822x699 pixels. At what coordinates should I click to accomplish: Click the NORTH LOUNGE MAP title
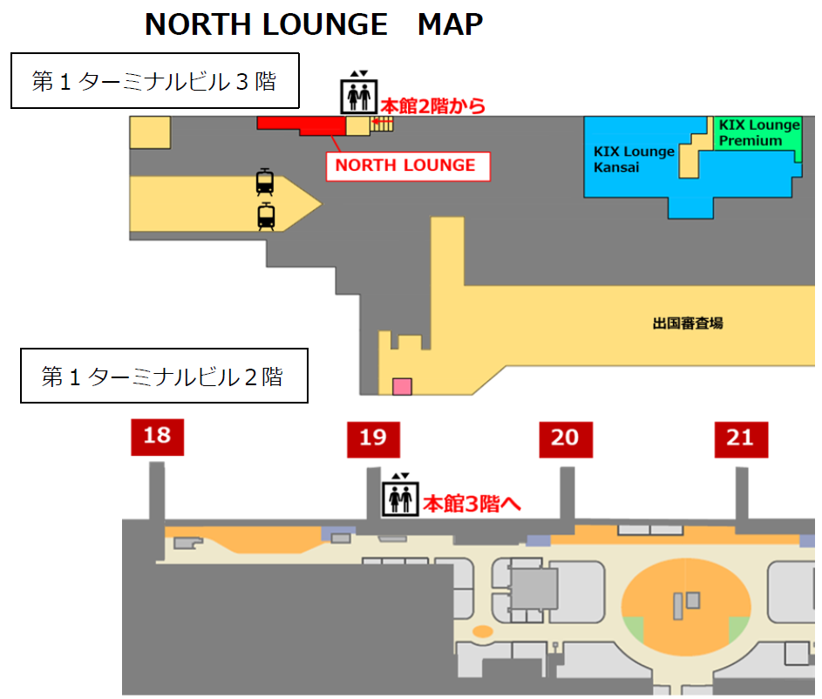click(314, 24)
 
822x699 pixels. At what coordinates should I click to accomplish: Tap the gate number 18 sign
click(157, 436)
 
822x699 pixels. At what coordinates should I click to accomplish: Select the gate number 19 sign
click(373, 438)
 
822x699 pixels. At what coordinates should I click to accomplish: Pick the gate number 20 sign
click(565, 438)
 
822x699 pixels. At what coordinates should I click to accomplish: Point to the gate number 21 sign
click(741, 438)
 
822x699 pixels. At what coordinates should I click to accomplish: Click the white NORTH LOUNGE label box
click(406, 166)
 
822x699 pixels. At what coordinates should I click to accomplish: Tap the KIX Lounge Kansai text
click(634, 159)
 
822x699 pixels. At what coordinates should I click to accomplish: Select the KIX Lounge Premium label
click(758, 132)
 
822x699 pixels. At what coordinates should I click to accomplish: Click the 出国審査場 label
click(688, 323)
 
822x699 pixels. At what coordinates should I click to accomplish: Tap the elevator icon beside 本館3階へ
click(401, 496)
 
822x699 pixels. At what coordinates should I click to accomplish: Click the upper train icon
click(266, 182)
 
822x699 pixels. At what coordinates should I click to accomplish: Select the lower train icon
click(266, 215)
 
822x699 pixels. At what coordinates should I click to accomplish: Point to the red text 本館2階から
click(433, 106)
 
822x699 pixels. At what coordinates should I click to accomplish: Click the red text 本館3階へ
click(472, 503)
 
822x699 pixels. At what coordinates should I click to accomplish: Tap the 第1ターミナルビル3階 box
click(154, 81)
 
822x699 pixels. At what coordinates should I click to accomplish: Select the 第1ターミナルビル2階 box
click(164, 377)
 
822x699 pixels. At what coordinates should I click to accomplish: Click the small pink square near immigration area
click(402, 386)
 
